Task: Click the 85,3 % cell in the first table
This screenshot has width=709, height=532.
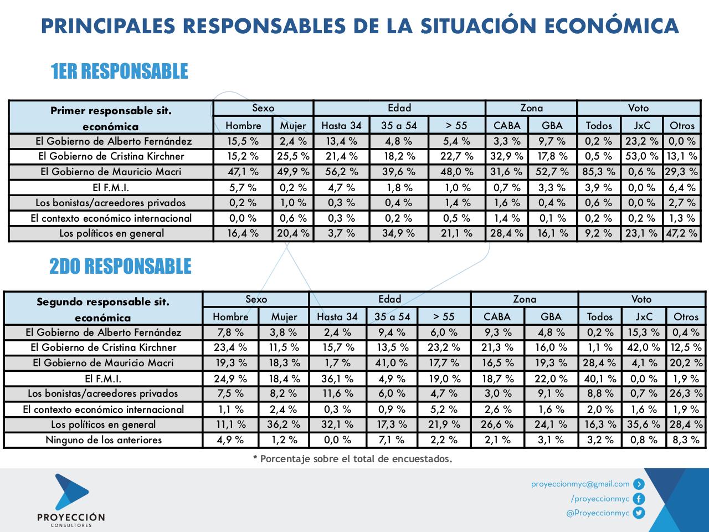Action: [599, 172]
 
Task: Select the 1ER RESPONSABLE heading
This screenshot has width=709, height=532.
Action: [119, 71]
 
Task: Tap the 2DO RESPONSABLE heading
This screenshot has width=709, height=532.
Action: [120, 267]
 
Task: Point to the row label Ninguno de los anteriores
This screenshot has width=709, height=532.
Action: [104, 440]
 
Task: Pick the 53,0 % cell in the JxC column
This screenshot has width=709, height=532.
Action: [641, 156]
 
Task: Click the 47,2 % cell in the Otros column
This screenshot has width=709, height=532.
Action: [682, 233]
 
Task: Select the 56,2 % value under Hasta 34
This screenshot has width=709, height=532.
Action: [341, 172]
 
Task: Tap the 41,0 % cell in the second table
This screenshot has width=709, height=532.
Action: [392, 363]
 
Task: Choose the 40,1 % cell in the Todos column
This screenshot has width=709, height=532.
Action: [600, 378]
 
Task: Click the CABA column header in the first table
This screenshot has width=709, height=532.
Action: [506, 125]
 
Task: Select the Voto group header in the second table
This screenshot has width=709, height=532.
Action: [641, 299]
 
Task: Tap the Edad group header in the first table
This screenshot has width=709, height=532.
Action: [399, 108]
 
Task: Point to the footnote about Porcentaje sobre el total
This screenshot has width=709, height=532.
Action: [352, 459]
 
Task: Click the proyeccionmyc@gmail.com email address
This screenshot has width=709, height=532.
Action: [580, 484]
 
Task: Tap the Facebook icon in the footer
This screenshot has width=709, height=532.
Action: [639, 498]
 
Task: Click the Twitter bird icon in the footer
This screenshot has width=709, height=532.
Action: [639, 513]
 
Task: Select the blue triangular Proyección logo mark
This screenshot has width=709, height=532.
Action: [70, 492]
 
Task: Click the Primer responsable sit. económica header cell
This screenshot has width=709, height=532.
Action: [111, 117]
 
